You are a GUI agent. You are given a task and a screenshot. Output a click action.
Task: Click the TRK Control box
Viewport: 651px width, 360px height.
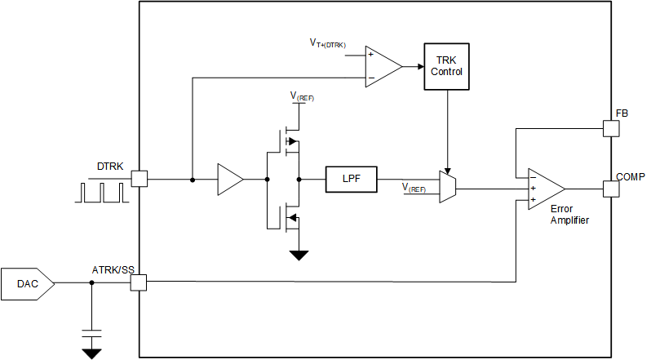[x=448, y=65]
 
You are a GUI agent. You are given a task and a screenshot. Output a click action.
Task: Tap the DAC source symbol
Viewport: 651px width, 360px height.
[x=28, y=283]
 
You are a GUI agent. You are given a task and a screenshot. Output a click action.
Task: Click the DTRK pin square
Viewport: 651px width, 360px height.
[x=139, y=179]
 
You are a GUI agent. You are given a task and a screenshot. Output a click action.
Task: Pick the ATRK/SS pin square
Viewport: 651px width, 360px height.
[x=139, y=283]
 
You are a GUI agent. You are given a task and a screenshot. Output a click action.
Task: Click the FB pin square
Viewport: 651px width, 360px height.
[x=610, y=128]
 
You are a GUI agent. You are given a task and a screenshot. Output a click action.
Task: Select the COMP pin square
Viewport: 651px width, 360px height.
[x=610, y=189]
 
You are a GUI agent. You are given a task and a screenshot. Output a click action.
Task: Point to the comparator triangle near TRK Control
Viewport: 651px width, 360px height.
[x=382, y=66]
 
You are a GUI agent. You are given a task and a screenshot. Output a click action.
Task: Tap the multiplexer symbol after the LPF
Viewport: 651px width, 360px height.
[x=447, y=185]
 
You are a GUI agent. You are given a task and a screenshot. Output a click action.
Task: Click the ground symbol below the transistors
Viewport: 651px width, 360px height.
[x=299, y=255]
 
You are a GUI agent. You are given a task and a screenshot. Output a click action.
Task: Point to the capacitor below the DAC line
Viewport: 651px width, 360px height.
[x=91, y=335]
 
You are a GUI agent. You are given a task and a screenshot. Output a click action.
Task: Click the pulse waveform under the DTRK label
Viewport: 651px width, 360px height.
[x=101, y=192]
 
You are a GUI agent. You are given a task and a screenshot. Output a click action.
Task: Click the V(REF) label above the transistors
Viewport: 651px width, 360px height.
[x=301, y=97]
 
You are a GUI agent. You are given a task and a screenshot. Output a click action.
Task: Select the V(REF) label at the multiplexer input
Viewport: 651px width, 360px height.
[x=414, y=188]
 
